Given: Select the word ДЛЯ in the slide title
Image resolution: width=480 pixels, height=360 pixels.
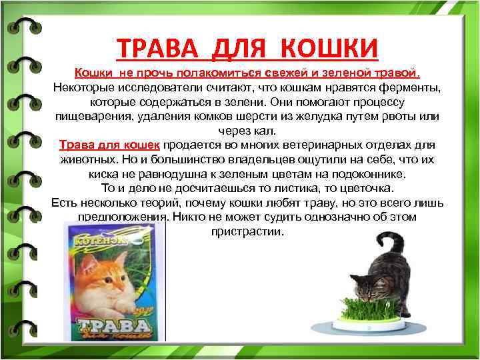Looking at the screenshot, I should pos(241,47).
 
